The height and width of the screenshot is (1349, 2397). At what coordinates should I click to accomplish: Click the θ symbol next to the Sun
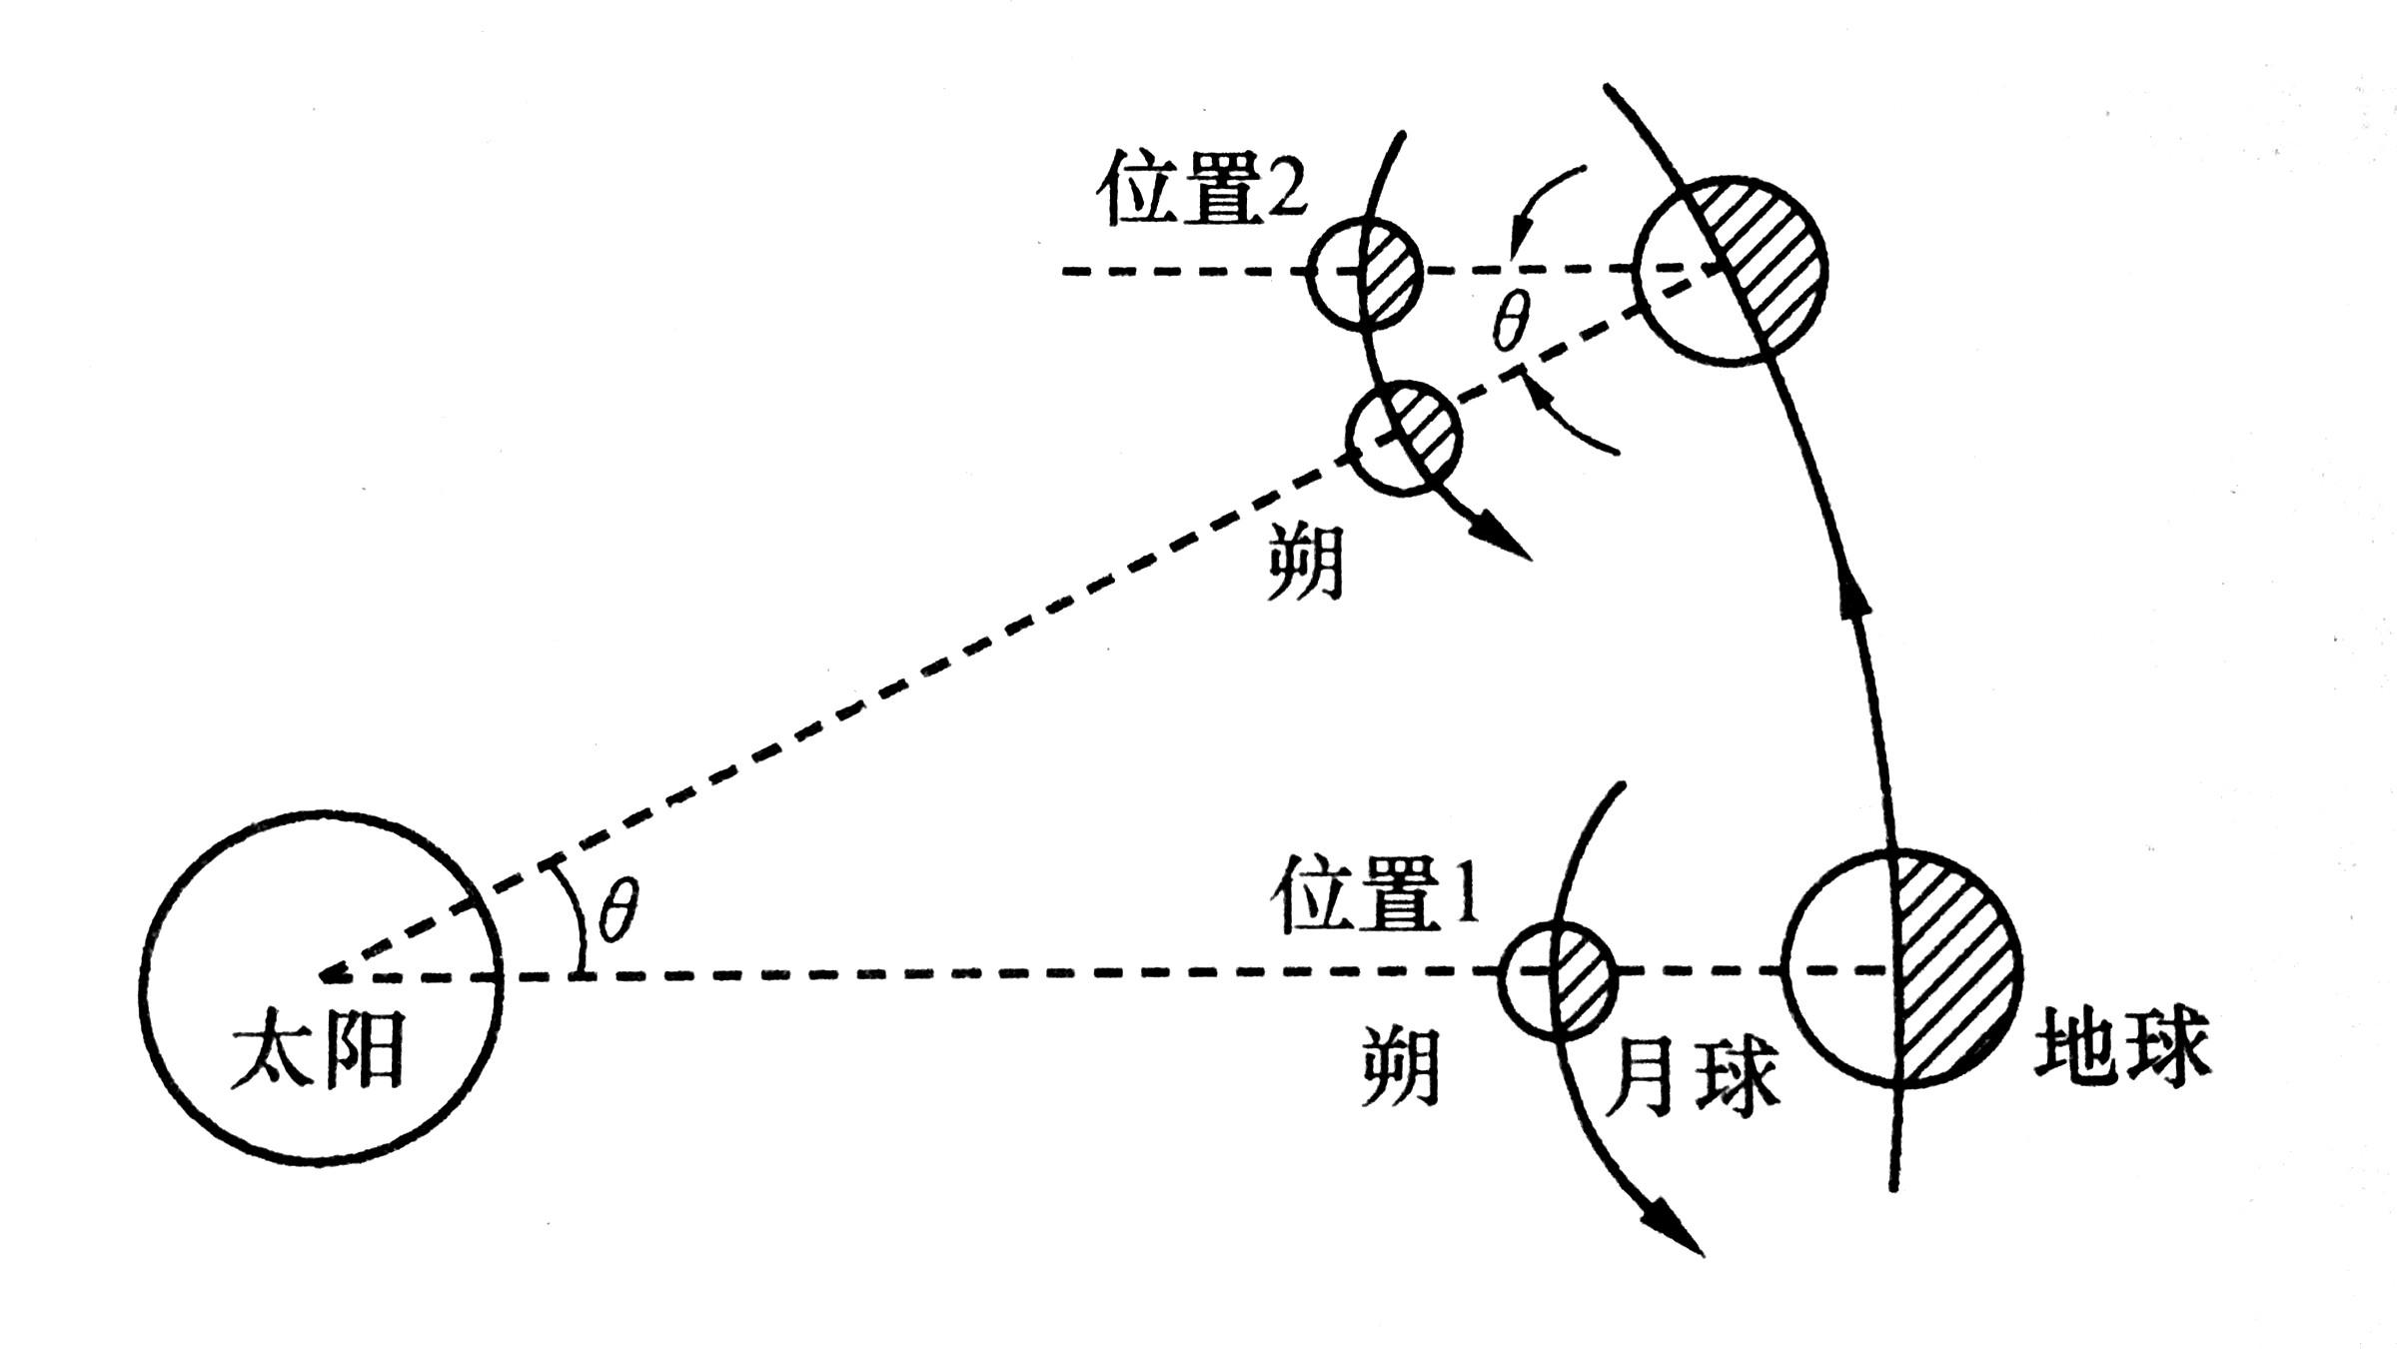tap(618, 911)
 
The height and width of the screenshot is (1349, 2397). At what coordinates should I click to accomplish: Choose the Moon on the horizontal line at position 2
tap(1365, 272)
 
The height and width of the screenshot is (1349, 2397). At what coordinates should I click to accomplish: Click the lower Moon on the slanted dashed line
tap(1404, 437)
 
